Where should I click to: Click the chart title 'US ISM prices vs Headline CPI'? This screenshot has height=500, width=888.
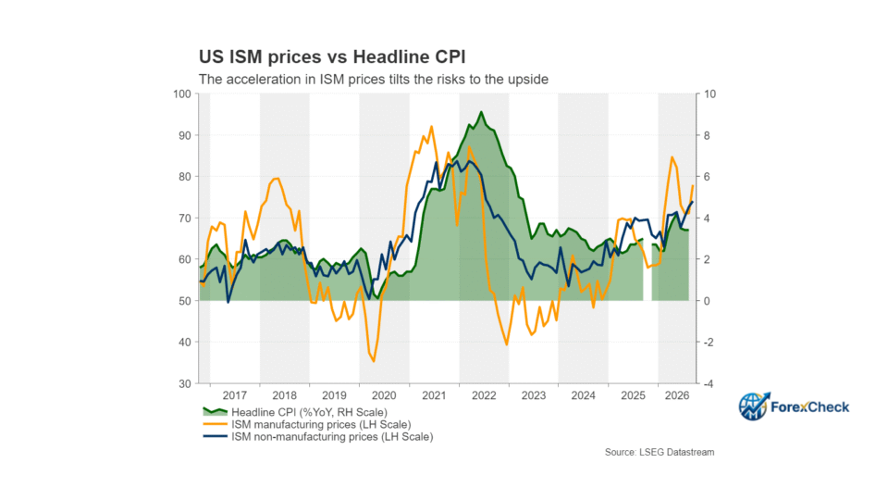click(x=332, y=56)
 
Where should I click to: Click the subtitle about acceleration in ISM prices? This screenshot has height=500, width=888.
click(x=373, y=80)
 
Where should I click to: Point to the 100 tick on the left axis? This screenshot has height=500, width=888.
click(x=182, y=94)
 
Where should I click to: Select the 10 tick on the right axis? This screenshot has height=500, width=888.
click(x=709, y=94)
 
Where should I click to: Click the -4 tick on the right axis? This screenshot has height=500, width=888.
click(x=708, y=383)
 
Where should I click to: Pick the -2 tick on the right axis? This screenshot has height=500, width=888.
click(x=708, y=343)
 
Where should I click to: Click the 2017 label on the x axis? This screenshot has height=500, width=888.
click(x=234, y=395)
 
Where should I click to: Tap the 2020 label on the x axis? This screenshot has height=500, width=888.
click(x=384, y=395)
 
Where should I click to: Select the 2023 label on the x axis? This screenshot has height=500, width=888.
click(x=534, y=395)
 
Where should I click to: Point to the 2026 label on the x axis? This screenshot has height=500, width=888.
click(x=677, y=395)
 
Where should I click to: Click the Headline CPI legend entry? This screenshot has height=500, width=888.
click(x=295, y=412)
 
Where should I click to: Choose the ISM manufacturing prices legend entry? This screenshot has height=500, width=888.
click(x=307, y=425)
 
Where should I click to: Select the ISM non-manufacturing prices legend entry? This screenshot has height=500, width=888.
click(x=317, y=437)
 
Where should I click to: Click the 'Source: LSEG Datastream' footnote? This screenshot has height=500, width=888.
click(x=660, y=453)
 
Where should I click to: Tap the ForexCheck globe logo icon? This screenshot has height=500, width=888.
click(x=754, y=406)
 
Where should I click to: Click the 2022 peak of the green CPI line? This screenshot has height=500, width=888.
click(x=481, y=112)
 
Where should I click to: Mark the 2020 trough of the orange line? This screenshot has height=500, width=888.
click(x=374, y=361)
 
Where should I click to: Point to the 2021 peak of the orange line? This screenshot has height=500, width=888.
click(x=432, y=127)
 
